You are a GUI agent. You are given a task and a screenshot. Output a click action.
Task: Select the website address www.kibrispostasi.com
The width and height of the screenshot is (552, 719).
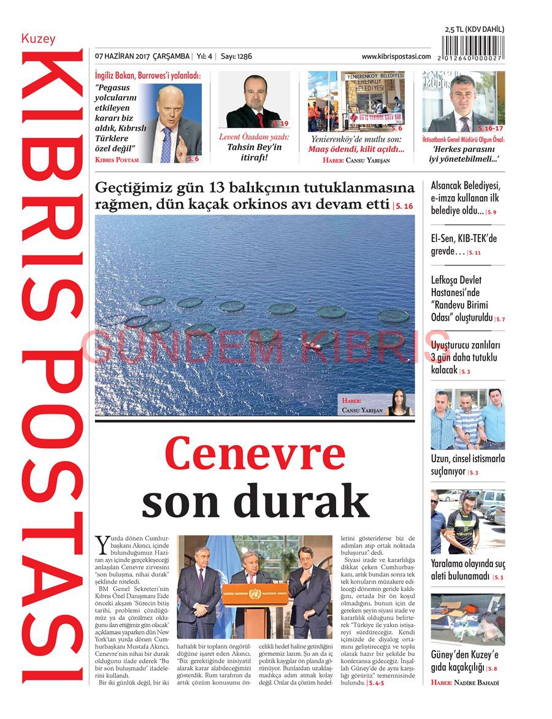(x=396, y=56)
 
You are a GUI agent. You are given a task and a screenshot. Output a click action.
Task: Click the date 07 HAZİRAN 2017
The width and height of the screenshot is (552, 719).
(x=123, y=56)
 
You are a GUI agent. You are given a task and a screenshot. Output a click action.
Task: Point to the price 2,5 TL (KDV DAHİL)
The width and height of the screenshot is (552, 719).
(x=474, y=29)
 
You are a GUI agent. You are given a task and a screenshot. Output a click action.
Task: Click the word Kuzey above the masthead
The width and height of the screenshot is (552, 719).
(x=38, y=39)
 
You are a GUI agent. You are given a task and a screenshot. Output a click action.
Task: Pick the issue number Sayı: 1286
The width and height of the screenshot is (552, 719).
(x=236, y=56)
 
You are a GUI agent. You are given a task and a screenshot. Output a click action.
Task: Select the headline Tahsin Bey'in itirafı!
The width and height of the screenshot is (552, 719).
(x=254, y=152)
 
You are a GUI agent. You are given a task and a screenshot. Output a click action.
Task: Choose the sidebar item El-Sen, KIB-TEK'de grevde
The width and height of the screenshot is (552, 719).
(x=463, y=245)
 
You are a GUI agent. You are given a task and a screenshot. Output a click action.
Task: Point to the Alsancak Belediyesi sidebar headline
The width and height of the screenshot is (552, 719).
(x=465, y=197)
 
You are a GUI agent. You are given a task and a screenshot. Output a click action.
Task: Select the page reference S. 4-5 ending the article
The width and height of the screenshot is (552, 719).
(x=375, y=682)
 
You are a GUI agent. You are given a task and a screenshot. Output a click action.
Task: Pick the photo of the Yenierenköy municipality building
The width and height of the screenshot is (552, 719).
(x=356, y=101)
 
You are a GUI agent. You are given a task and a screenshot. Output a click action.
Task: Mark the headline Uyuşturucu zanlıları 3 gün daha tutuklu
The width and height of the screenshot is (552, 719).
(x=465, y=357)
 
